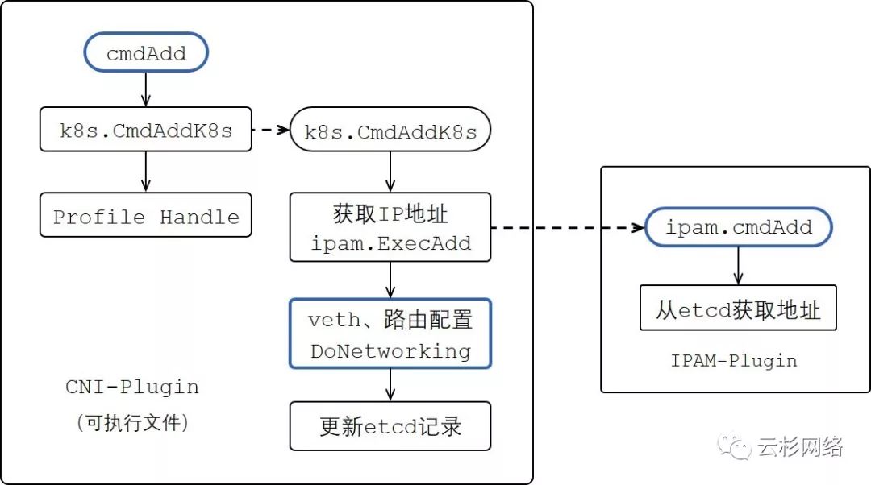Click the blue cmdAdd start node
coord(146,54)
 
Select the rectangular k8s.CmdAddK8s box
coord(146,130)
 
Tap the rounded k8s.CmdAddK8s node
coord(390,131)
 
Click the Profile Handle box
coord(146,216)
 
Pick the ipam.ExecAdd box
coord(390,227)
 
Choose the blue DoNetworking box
coord(390,334)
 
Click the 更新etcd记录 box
coord(390,425)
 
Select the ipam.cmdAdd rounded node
coord(738,228)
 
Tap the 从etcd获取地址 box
coord(738,308)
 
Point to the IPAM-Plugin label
coord(734,360)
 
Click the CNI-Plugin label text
coord(132,387)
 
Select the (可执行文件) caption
coord(132,422)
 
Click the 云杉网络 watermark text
coord(800,447)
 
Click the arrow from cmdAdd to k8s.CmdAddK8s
coord(146,89)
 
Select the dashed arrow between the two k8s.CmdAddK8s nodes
coord(270,130)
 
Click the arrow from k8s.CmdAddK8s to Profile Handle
coord(146,172)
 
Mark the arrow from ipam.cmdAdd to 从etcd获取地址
coord(738,266)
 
